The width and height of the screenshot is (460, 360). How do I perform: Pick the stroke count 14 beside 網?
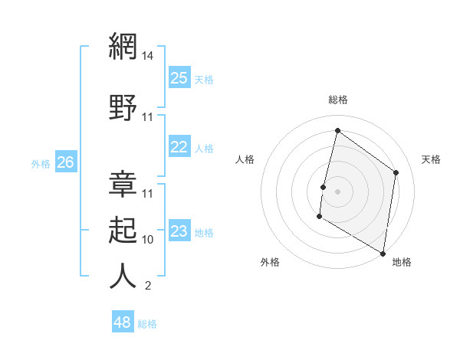point(148,56)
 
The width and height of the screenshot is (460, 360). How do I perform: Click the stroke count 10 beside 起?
point(148,239)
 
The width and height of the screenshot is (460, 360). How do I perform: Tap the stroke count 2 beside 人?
point(147,286)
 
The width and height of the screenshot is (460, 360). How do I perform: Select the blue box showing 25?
point(179,78)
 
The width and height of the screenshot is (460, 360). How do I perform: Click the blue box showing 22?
point(179,148)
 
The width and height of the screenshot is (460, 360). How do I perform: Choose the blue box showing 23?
point(179,231)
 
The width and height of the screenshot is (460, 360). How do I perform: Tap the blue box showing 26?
point(66,162)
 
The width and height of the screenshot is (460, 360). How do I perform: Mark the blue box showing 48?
point(123,322)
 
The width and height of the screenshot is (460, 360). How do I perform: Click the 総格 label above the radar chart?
point(337,100)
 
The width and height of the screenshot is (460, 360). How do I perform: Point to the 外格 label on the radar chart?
point(270,262)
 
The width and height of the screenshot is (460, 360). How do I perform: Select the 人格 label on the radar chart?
point(245,159)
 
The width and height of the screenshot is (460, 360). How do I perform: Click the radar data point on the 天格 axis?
point(396,172)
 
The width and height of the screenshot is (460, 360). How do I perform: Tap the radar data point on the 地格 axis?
point(383,253)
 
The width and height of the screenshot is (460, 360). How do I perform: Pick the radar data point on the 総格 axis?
point(337,131)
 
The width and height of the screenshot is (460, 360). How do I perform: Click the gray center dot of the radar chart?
point(337,191)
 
